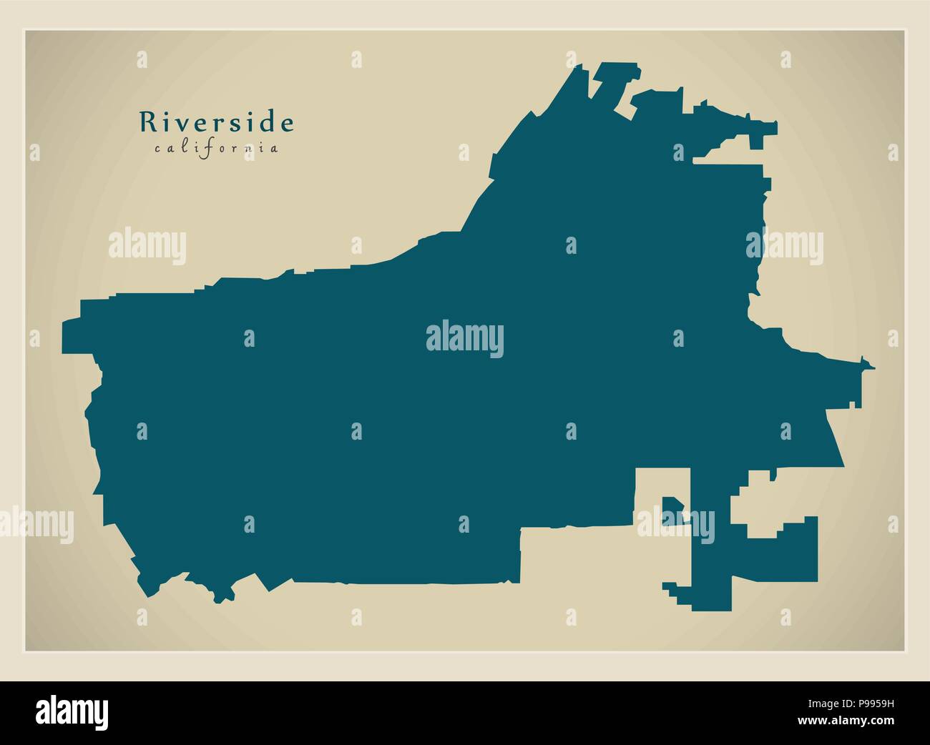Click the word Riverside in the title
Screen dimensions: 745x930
click(216, 122)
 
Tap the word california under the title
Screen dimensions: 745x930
click(216, 149)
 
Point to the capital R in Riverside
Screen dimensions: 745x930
click(147, 122)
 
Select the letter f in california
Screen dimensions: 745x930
click(202, 149)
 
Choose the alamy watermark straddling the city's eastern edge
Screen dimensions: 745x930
click(785, 247)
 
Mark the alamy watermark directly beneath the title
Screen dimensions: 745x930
click(147, 247)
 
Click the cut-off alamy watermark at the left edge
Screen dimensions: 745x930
click(36, 521)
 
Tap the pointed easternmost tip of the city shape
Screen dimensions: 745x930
click(871, 367)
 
